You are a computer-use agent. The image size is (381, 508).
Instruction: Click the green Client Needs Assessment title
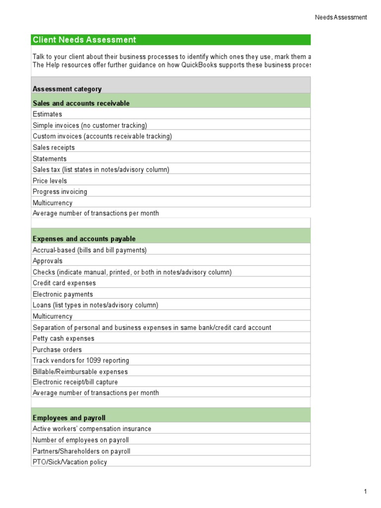point(84,40)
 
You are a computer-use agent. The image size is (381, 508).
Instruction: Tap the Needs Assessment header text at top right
point(341,17)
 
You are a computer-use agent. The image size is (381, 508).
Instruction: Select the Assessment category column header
point(67,89)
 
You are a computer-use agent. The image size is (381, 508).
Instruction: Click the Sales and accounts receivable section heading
point(81,103)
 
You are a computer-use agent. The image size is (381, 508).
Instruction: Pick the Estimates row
point(47,114)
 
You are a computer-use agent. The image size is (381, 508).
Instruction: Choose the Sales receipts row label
point(54,147)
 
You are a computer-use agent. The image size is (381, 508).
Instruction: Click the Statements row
point(50,159)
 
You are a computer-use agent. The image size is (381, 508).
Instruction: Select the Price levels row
point(50,181)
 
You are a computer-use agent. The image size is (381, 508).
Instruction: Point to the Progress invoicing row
point(60,191)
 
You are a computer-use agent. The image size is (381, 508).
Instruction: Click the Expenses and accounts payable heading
point(84,239)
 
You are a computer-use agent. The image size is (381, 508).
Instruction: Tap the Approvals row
point(48,261)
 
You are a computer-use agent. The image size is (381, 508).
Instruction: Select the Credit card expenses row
point(64,283)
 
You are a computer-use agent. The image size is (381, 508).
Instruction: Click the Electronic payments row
point(63,294)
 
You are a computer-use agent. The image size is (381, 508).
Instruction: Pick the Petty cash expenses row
point(63,338)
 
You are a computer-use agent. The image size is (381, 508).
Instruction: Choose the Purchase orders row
point(57,350)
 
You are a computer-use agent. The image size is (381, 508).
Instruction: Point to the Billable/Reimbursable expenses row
point(80,372)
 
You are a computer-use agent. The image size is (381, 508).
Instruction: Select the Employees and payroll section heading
point(69,418)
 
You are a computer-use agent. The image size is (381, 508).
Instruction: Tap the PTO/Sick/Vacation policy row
point(69,462)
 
